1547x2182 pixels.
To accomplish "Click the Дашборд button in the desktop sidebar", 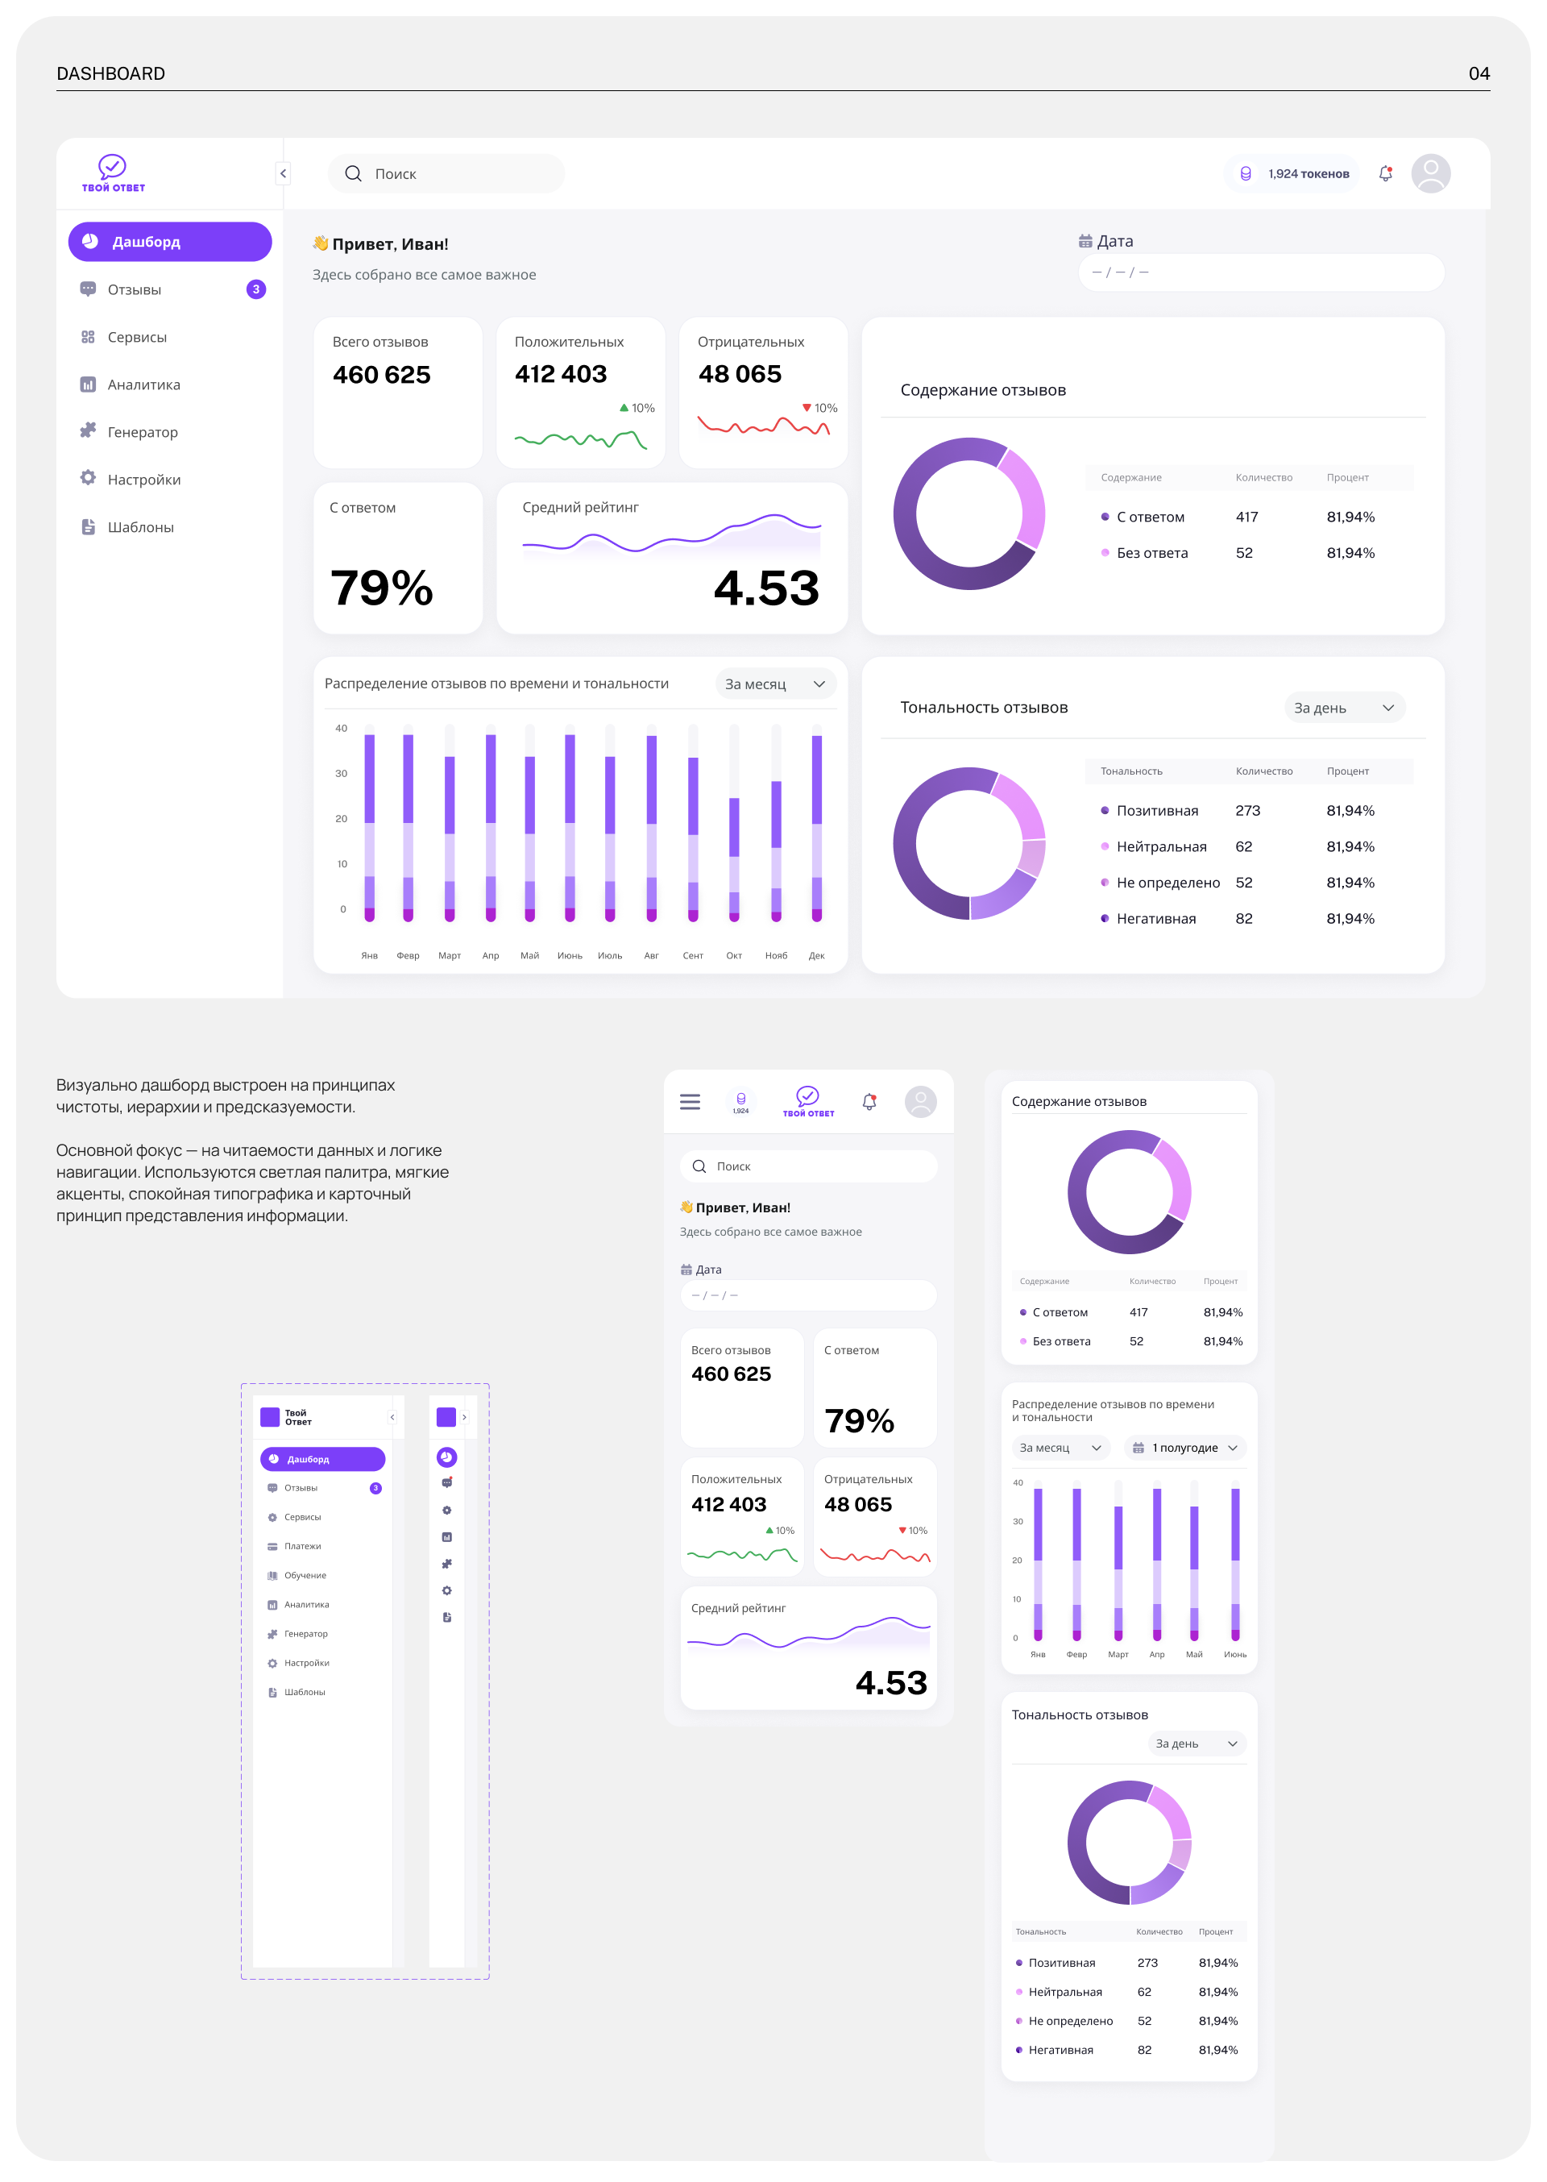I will click(x=169, y=242).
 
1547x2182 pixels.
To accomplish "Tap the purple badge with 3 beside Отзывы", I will click(x=255, y=289).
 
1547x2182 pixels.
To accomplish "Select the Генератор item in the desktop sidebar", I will click(x=142, y=431).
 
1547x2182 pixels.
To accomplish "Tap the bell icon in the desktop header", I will click(x=1385, y=173).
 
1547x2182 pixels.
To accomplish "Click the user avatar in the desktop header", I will click(x=1430, y=173).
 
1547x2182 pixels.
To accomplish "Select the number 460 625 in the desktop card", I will click(x=381, y=375).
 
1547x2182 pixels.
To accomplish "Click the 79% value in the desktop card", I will click(x=381, y=587).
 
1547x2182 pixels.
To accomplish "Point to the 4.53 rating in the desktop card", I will click(x=766, y=587).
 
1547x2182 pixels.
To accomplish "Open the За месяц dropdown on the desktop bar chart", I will click(x=774, y=684).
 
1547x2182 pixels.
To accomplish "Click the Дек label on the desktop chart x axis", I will click(x=816, y=956).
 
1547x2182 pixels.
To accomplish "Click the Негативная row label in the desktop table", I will click(x=1155, y=919).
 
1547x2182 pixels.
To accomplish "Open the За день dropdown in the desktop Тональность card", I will click(x=1343, y=708).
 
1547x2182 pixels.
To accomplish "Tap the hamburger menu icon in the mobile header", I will click(x=690, y=1102).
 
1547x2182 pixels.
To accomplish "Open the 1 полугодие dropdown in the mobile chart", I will click(x=1185, y=1448).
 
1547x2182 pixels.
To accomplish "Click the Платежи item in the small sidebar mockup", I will click(x=302, y=1547).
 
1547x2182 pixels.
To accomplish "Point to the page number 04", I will click(x=1479, y=73).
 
